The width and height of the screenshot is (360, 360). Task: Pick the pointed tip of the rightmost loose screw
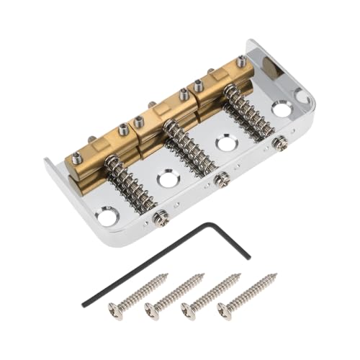click(x=275, y=275)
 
